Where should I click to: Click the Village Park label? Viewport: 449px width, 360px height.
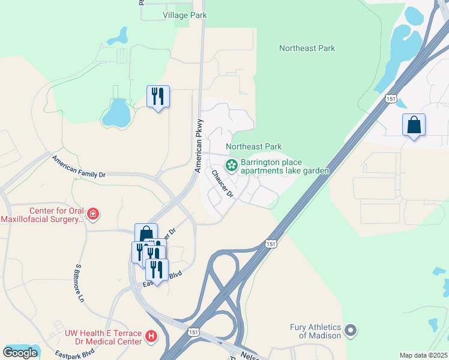(184, 14)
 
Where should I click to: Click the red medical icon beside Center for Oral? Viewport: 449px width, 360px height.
(92, 214)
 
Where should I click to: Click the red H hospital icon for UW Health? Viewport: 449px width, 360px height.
(152, 337)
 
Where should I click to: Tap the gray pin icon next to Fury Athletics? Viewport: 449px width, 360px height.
(351, 331)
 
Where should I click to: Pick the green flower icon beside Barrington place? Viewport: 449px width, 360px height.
(231, 164)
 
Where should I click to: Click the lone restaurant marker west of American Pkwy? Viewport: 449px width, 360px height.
(158, 96)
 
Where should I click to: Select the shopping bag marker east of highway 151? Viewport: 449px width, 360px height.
(414, 125)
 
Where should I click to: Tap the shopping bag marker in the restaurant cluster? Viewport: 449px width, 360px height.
(146, 233)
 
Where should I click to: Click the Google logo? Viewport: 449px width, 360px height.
(20, 353)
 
